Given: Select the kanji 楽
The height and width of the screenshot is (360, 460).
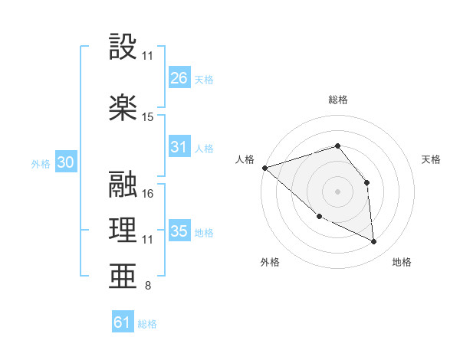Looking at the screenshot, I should click(123, 106).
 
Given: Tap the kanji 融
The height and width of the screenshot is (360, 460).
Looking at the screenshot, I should click(123, 184).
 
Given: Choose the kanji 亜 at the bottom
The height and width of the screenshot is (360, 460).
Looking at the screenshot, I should click(123, 277).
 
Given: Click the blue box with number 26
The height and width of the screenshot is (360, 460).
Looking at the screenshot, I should click(179, 78).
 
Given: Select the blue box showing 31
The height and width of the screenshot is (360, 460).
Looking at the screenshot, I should click(179, 147).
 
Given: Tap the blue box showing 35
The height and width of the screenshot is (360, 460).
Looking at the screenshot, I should click(179, 231).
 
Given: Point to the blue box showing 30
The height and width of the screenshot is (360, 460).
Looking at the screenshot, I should click(64, 162).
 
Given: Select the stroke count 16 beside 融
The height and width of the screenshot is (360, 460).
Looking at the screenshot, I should click(148, 193).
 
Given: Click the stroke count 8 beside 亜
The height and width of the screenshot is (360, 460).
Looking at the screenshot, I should click(148, 286).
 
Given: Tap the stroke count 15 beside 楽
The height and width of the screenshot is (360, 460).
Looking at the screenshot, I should click(148, 117).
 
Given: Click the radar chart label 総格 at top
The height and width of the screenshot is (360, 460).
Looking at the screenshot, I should click(338, 100).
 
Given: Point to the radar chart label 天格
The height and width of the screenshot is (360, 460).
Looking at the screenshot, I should click(431, 159).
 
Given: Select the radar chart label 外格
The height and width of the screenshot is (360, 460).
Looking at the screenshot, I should click(270, 263).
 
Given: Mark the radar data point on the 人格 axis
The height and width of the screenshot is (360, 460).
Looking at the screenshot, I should click(264, 167).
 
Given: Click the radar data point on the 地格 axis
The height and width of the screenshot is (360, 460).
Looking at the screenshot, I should click(374, 242).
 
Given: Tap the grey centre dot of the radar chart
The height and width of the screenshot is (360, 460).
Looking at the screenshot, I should click(337, 191).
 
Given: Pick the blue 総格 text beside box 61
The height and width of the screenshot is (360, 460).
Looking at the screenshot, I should click(147, 324).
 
